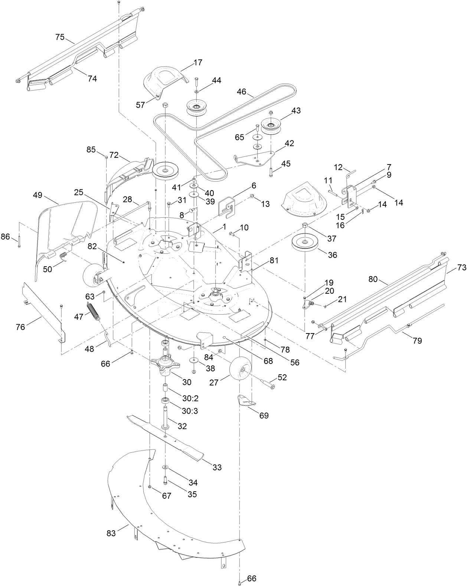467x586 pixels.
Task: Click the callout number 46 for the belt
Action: (x=242, y=91)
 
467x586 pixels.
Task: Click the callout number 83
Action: (x=111, y=533)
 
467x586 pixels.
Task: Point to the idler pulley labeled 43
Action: (x=271, y=126)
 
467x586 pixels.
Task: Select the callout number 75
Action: (x=60, y=37)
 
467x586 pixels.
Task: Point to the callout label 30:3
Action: (x=190, y=412)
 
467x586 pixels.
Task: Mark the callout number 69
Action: (x=264, y=415)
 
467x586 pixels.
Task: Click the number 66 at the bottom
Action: (x=251, y=578)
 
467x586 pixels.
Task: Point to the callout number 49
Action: (x=38, y=195)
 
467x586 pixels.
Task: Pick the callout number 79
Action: (x=417, y=340)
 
